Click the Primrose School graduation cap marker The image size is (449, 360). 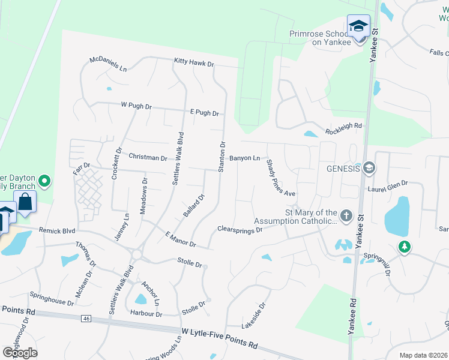coord(358,26)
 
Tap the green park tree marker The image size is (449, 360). coord(405,247)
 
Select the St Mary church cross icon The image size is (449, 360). coord(346,215)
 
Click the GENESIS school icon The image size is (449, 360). coord(368,168)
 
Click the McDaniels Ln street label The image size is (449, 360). coord(108,64)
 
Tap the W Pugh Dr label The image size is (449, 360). coord(136,106)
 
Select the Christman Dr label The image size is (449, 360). coord(148,157)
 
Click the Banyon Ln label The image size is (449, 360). coord(244,158)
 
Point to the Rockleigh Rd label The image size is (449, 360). coord(344,126)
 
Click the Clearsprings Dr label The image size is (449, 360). coord(240,229)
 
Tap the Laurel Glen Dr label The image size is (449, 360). coord(388,187)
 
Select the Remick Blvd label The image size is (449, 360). coord(57,230)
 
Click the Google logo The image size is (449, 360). coord(20,352)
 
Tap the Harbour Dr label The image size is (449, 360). coord(146,314)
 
